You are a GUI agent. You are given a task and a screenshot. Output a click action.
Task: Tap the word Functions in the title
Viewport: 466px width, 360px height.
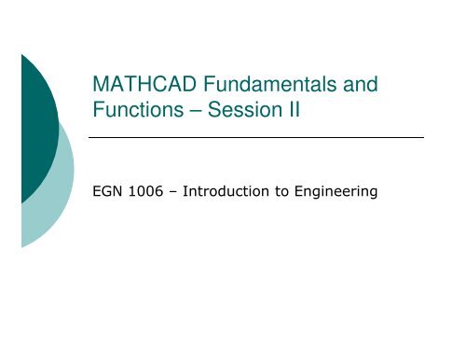(132, 112)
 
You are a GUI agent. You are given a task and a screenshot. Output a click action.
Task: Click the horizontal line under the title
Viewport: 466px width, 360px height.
(256, 137)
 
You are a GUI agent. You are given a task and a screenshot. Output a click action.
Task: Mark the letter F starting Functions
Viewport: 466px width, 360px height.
(96, 112)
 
